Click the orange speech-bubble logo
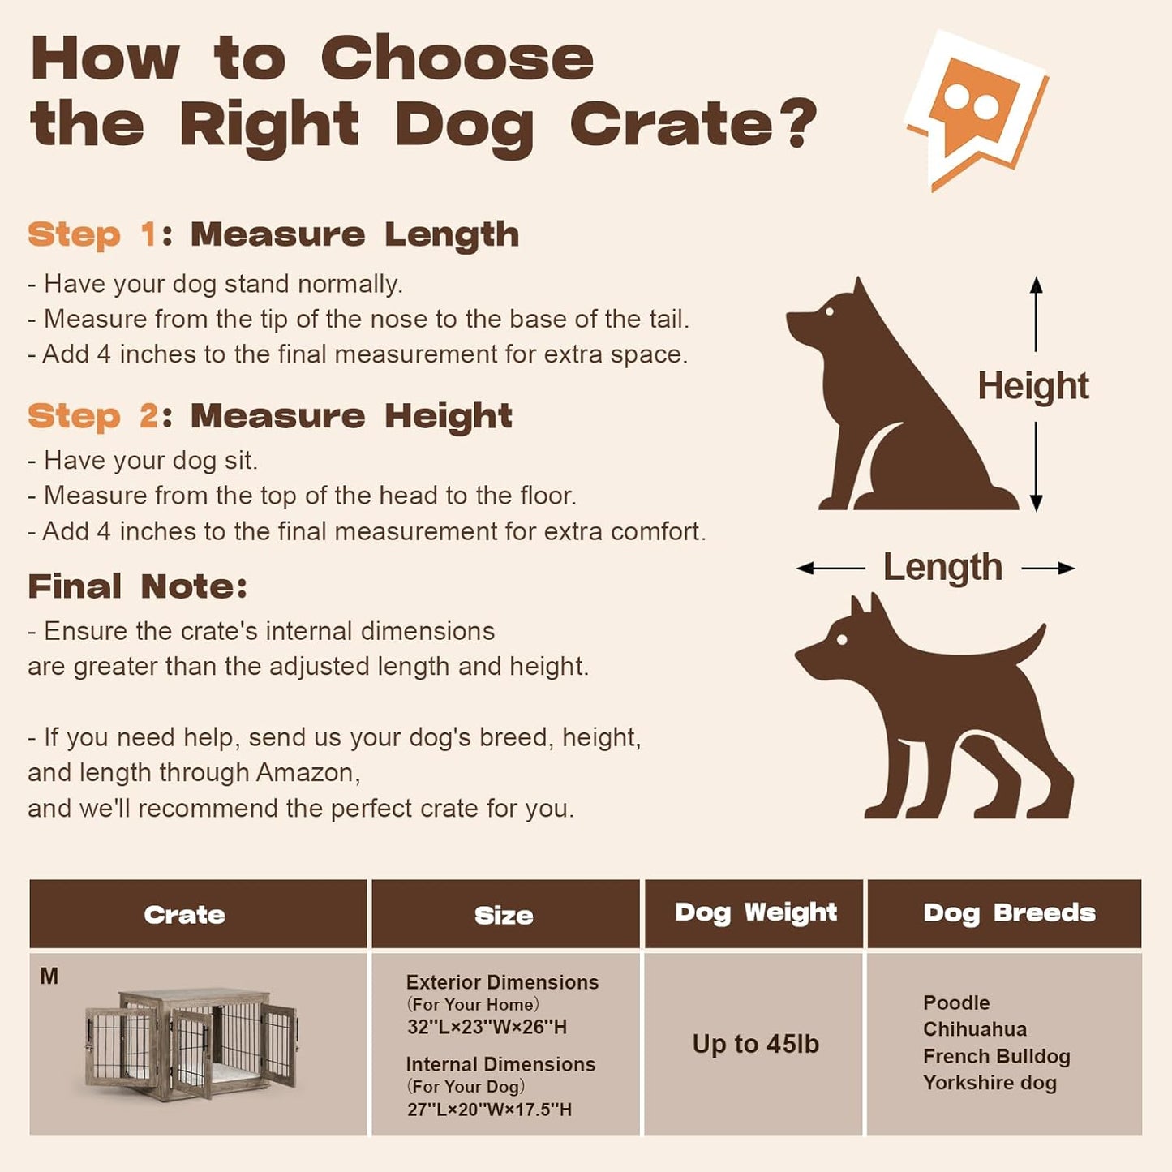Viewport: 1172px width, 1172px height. (x=976, y=109)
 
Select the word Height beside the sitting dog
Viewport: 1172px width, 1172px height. (x=1032, y=386)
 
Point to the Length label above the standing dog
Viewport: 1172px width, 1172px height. (x=942, y=567)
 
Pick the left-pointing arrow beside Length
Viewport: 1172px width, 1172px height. (x=830, y=569)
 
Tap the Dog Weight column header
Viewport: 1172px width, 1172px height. (x=755, y=912)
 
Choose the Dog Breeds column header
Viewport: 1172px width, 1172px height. (x=1009, y=913)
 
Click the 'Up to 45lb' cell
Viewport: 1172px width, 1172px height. (x=755, y=1044)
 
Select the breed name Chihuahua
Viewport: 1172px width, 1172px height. (x=974, y=1029)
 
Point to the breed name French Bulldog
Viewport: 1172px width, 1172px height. (x=996, y=1056)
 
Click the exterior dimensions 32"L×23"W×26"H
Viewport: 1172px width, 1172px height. (x=487, y=1027)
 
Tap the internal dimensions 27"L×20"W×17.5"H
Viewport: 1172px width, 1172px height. (x=489, y=1110)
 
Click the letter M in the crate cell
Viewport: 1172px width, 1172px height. (x=49, y=977)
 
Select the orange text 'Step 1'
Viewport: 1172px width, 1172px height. (x=92, y=235)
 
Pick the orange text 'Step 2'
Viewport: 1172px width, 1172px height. (x=92, y=416)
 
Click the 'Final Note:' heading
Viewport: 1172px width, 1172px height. (x=137, y=586)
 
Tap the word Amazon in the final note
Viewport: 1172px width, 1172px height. (x=307, y=772)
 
